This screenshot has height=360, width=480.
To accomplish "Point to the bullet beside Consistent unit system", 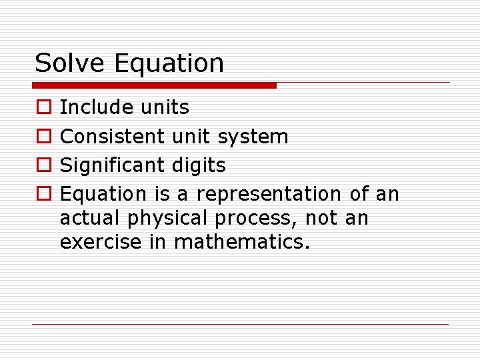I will (43, 137).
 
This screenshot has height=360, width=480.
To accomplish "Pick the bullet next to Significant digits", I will (43, 165).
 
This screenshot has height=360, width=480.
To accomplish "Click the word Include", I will (97, 107).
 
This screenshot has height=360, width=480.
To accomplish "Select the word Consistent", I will (112, 137).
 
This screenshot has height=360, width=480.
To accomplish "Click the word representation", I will (269, 195).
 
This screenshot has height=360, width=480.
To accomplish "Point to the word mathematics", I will (242, 242).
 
